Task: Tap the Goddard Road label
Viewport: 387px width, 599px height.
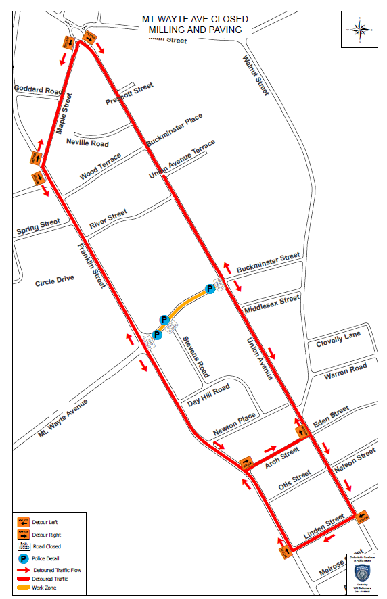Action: click(x=37, y=89)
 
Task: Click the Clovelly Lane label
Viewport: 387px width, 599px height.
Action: click(x=338, y=339)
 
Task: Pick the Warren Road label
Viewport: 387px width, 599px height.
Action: click(x=345, y=370)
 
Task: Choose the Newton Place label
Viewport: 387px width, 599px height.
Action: click(x=235, y=424)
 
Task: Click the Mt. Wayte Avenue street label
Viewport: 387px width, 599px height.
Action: click(x=63, y=418)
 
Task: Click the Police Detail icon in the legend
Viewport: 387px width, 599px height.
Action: click(x=23, y=558)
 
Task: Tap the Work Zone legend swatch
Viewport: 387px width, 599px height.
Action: click(x=23, y=588)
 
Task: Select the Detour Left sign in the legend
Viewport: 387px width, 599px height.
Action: click(x=23, y=522)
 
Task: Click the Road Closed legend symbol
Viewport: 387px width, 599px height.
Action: click(x=23, y=546)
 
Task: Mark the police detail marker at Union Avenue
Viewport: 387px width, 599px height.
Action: click(x=210, y=289)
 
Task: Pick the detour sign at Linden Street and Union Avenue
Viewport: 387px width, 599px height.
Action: click(x=361, y=517)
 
